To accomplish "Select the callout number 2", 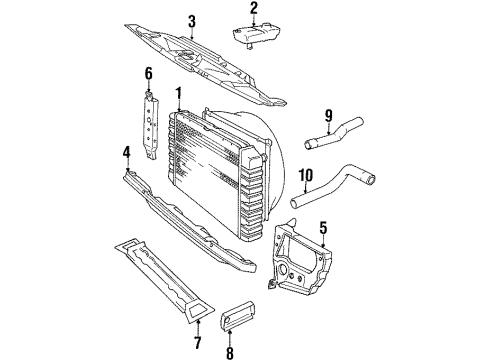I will [x=254, y=9].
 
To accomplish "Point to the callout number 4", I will [x=126, y=153].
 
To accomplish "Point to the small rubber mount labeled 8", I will [x=247, y=312].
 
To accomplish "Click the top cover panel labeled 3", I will [x=200, y=63].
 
